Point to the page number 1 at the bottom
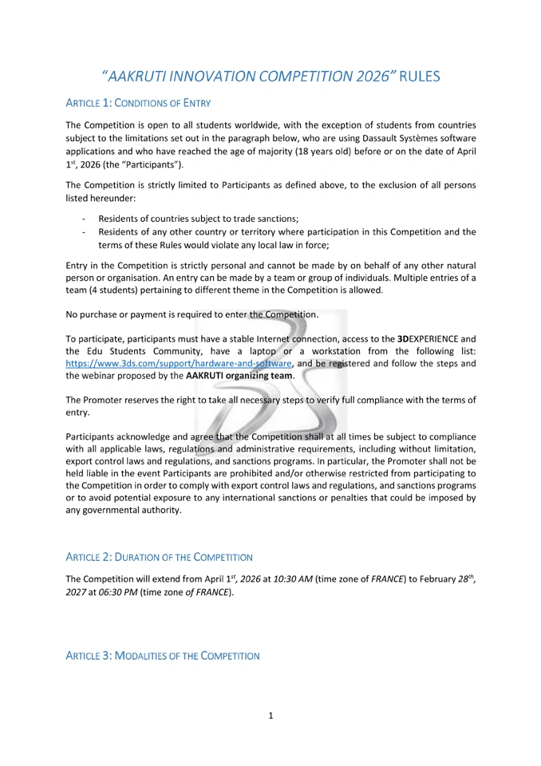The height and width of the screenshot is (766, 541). [x=270, y=715]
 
